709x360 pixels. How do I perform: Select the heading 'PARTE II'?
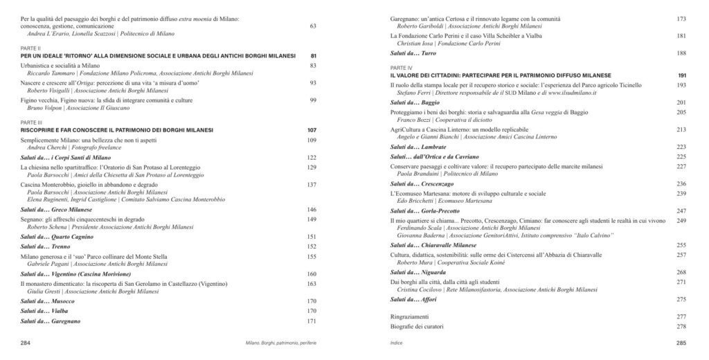(30, 49)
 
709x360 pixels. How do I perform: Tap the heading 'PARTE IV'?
(401, 68)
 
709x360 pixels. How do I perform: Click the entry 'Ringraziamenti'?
(411, 315)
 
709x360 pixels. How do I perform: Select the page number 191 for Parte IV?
(681, 74)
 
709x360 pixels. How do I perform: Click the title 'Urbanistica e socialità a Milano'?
(60, 65)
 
